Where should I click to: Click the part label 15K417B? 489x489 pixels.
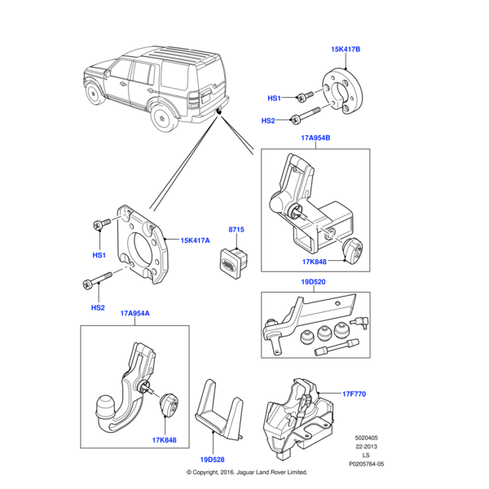coord(346,50)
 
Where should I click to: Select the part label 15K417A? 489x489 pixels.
coord(196,240)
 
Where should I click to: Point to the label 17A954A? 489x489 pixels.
coord(135,313)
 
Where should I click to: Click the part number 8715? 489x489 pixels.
coord(236,231)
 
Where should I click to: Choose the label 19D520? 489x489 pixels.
coord(315,282)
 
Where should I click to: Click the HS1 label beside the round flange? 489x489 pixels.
coord(274,99)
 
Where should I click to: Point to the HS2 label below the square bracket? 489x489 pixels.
coord(98,307)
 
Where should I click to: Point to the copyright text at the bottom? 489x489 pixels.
coord(247,472)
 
